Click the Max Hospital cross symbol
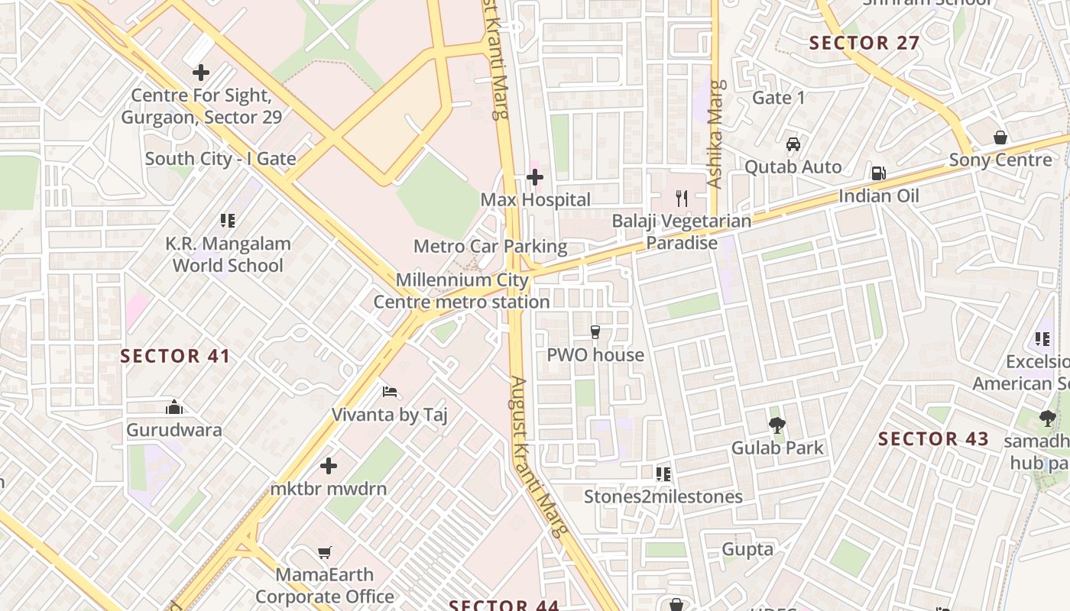(x=535, y=178)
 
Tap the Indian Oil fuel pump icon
(x=878, y=173)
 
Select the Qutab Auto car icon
(x=793, y=144)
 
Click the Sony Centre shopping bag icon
(x=1000, y=137)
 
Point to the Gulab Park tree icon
(x=777, y=425)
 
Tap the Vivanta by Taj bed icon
(x=390, y=392)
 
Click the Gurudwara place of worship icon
(x=174, y=407)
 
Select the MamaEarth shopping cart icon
(x=325, y=551)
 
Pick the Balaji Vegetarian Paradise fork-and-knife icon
(x=682, y=199)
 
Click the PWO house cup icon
(x=595, y=332)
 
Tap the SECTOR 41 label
(x=175, y=356)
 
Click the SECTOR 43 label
(x=933, y=439)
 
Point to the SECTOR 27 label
(x=864, y=43)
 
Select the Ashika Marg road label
(x=715, y=134)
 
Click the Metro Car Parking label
(x=490, y=247)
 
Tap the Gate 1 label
(x=779, y=98)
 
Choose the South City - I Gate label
(x=220, y=159)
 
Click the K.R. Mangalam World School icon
(x=227, y=221)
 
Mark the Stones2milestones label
(x=663, y=496)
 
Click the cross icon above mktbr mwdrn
(x=329, y=466)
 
